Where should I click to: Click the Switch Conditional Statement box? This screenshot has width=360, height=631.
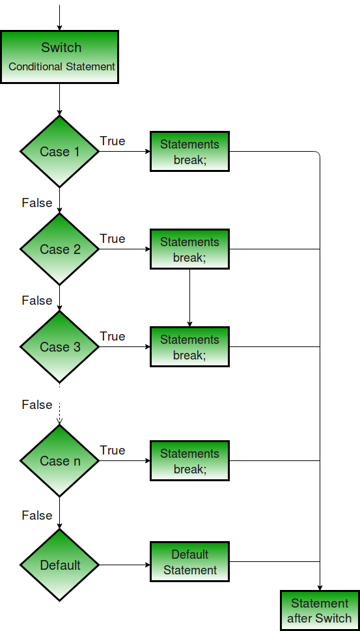pyautogui.click(x=59, y=57)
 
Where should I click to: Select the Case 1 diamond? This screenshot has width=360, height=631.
pyautogui.click(x=59, y=152)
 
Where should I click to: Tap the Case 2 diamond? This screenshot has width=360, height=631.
pyautogui.click(x=59, y=249)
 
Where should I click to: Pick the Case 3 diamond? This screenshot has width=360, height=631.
pyautogui.click(x=59, y=347)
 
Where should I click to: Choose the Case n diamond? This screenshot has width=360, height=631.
pyautogui.click(x=59, y=461)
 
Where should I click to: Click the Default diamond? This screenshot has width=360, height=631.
pyautogui.click(x=59, y=565)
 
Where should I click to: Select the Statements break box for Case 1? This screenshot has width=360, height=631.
pyautogui.click(x=189, y=152)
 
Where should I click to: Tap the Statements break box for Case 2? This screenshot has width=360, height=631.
pyautogui.click(x=189, y=249)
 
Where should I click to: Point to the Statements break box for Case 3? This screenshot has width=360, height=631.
pyautogui.click(x=189, y=347)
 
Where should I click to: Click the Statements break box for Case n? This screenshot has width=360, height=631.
pyautogui.click(x=189, y=461)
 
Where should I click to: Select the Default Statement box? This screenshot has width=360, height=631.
pyautogui.click(x=189, y=562)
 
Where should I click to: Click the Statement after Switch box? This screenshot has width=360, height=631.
pyautogui.click(x=319, y=611)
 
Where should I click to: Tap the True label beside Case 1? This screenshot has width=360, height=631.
pyautogui.click(x=113, y=141)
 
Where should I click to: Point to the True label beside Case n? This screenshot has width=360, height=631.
pyautogui.click(x=113, y=451)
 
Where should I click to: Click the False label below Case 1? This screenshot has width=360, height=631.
pyautogui.click(x=37, y=203)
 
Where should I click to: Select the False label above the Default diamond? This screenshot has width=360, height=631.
pyautogui.click(x=37, y=516)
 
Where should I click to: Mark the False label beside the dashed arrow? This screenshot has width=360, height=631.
pyautogui.click(x=37, y=405)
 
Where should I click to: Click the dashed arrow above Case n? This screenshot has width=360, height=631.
pyautogui.click(x=59, y=414)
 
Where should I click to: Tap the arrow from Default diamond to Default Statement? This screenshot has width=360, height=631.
pyautogui.click(x=124, y=565)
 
